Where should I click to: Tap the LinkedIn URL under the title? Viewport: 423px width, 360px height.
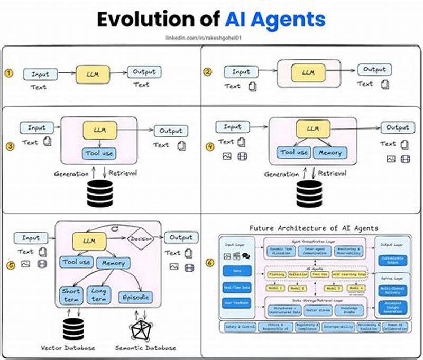212,38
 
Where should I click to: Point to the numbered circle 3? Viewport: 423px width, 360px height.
9,146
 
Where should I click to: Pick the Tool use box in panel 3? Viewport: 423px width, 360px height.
98,154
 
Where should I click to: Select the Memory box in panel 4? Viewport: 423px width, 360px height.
330,152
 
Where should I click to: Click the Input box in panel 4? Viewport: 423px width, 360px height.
232,127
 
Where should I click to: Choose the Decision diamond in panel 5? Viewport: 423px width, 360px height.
141,238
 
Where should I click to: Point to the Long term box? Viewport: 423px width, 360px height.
99,294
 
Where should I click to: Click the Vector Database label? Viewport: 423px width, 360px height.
68,348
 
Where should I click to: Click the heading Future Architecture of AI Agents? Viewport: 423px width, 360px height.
314,228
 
